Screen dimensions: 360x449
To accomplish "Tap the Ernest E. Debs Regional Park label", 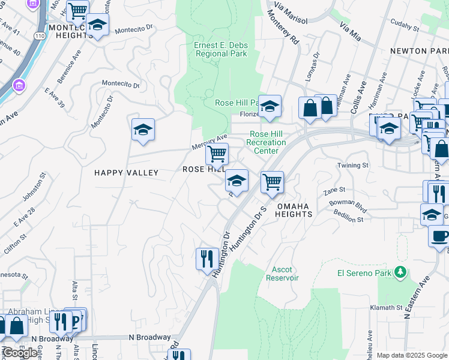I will pos(221,49).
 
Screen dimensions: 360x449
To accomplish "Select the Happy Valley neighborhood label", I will pos(126,173).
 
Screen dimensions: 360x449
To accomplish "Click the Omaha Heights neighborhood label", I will pos(294,209).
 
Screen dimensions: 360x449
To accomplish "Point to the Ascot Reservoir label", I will pos(282,274).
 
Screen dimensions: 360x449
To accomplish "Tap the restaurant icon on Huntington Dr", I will pos(207,259).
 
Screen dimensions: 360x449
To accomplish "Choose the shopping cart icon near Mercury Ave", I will pos(217,154).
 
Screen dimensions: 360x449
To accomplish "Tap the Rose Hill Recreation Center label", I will pos(268,142).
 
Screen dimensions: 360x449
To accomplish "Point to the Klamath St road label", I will pos(387,307).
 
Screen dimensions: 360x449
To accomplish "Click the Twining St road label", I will pos(353,165).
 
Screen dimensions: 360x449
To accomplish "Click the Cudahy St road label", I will pos(404,26).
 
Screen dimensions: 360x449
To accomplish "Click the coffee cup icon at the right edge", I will pos(439,236).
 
